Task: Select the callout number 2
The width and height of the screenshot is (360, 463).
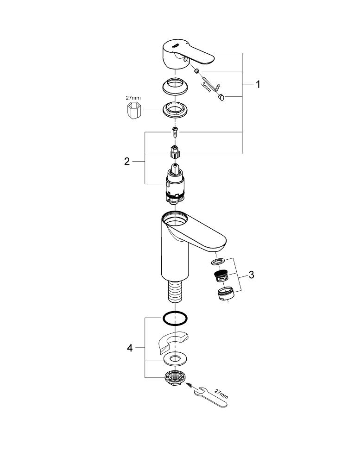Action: pyautogui.click(x=126, y=162)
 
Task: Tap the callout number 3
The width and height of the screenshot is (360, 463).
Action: pyautogui.click(x=251, y=275)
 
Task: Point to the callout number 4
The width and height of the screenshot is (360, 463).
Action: pyautogui.click(x=130, y=348)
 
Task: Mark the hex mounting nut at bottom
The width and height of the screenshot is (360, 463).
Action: pyautogui.click(x=175, y=377)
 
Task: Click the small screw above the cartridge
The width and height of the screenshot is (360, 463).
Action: pyautogui.click(x=176, y=132)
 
